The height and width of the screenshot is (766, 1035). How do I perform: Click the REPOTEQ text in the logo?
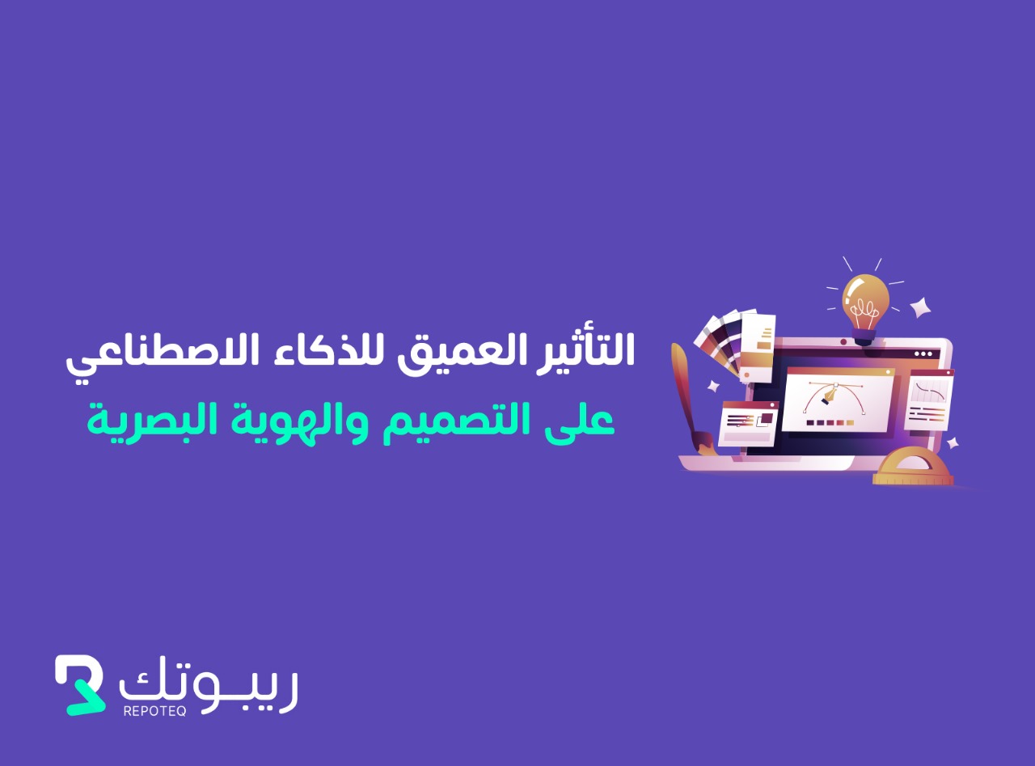pos(155,710)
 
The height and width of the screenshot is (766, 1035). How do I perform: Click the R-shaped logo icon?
pos(80,685)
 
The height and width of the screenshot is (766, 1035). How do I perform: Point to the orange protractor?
pos(913,467)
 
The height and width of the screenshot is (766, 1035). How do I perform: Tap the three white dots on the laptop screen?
pos(923,353)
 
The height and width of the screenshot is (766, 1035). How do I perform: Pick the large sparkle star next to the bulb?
pos(920,307)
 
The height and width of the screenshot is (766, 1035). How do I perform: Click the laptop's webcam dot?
pos(843,342)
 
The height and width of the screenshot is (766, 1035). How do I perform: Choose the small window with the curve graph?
pos(927,400)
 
